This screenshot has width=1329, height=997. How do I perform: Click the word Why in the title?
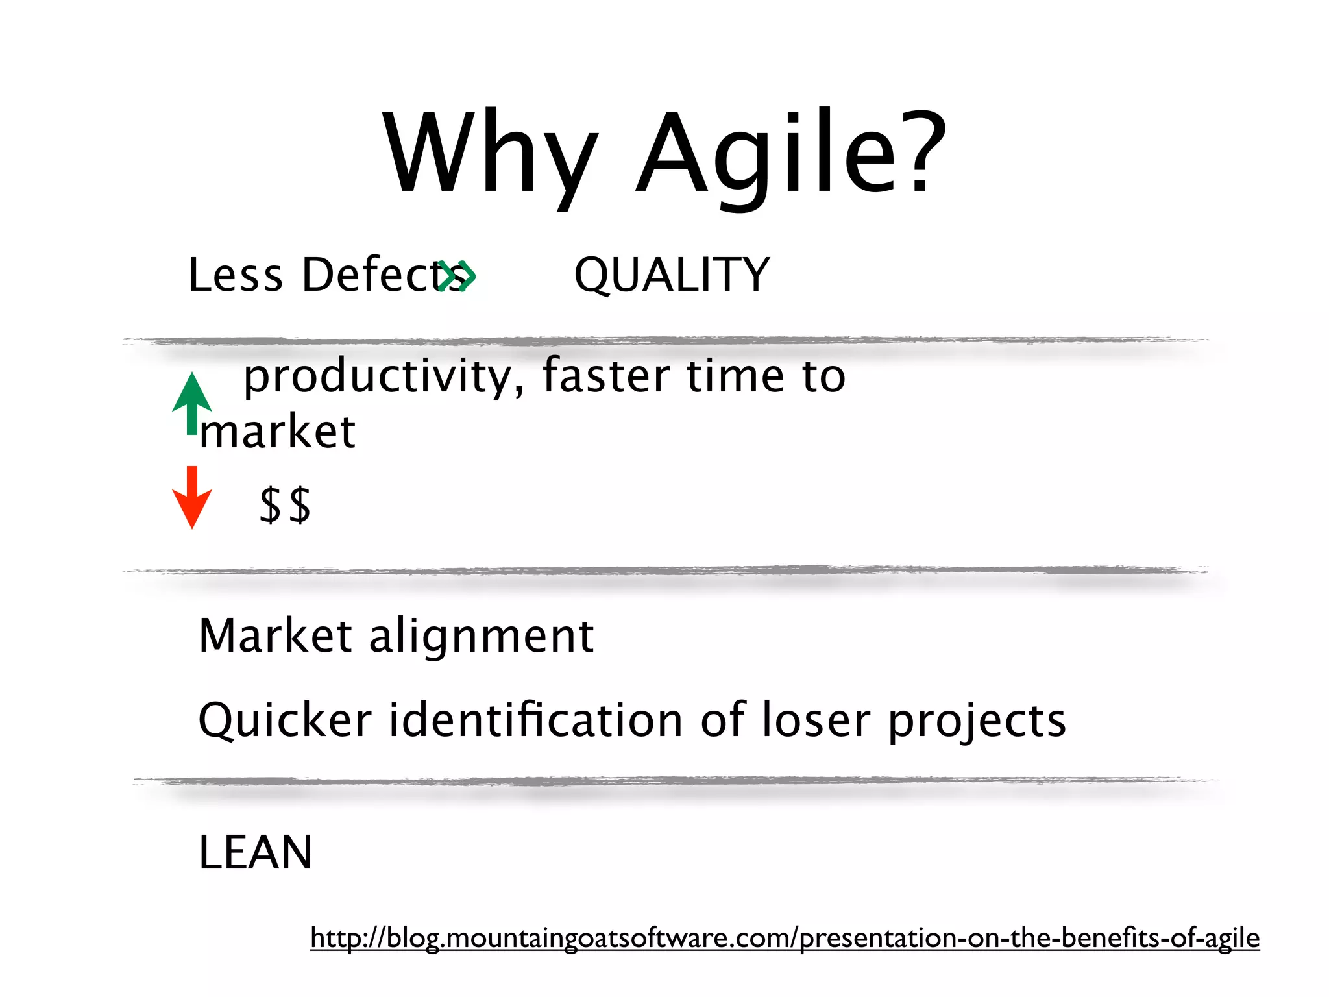490,156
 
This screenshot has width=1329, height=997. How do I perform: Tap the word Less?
236,275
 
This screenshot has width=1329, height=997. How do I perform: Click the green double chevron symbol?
458,277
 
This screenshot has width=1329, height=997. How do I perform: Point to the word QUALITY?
672,275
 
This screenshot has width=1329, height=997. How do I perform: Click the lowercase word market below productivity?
278,432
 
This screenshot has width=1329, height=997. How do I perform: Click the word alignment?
482,636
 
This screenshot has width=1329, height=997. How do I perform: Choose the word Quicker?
285,720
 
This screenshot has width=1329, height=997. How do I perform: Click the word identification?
536,720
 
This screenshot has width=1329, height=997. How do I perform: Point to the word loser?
816,720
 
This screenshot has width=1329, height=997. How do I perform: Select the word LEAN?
255,853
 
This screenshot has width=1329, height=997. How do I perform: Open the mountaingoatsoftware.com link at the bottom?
785,939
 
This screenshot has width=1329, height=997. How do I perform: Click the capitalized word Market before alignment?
275,636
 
